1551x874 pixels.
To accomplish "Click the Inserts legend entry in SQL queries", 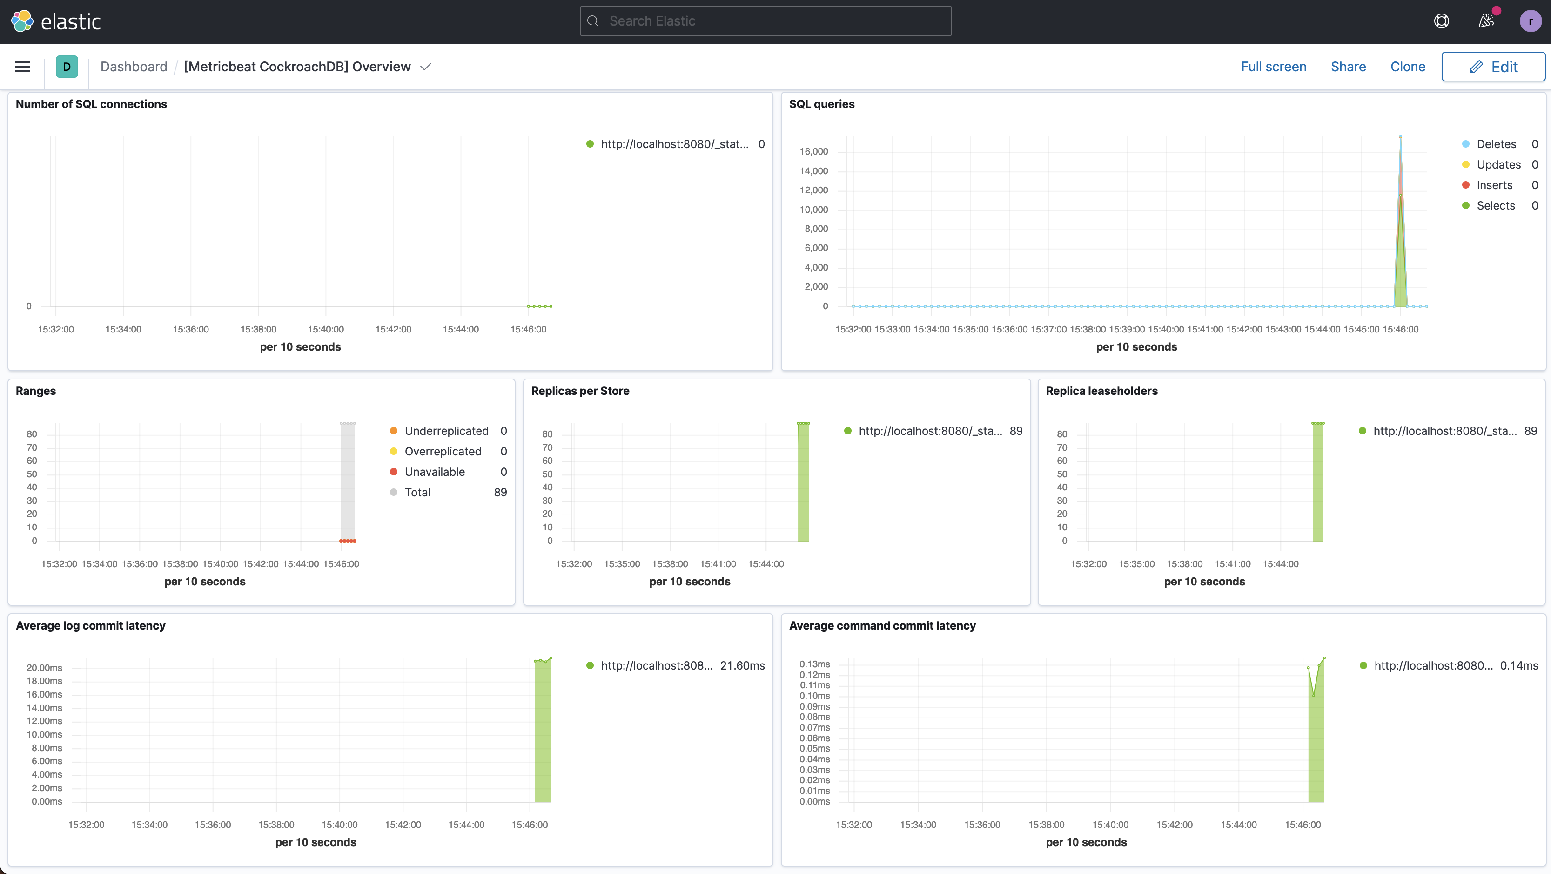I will [x=1494, y=185].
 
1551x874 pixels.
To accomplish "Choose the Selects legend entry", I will [x=1496, y=205].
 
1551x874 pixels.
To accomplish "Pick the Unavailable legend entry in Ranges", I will [x=434, y=472].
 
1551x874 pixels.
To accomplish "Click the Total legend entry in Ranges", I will [x=417, y=492].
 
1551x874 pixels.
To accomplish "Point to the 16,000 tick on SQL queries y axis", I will [x=813, y=151].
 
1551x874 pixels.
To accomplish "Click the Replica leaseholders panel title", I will [x=1101, y=391].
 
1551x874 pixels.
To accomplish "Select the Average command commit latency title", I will [x=882, y=625].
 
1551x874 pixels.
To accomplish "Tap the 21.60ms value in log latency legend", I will [x=742, y=665].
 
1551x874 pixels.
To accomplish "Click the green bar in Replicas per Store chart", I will [x=803, y=482].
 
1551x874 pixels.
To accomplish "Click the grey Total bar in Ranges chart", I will [x=348, y=482].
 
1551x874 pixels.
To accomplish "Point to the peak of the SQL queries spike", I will [x=1401, y=137].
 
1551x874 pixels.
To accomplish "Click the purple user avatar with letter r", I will [x=1530, y=21].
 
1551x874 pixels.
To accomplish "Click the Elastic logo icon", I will [x=22, y=21].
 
